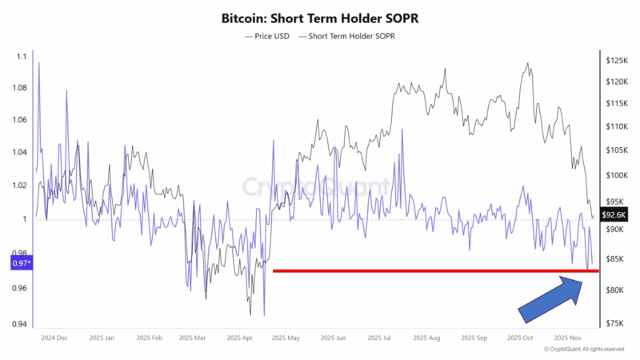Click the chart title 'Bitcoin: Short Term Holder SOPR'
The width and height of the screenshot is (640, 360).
(320, 17)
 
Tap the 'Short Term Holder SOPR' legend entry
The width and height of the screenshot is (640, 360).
(348, 36)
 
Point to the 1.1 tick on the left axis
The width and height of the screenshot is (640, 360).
(21, 56)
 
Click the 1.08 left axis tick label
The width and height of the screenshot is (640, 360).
(19, 88)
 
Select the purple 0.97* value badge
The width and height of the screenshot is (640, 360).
(21, 262)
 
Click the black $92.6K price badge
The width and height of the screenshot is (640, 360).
(614, 214)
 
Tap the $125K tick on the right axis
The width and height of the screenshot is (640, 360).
(617, 60)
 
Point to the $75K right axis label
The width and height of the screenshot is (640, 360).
(615, 323)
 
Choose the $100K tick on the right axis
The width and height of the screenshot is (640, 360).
(617, 175)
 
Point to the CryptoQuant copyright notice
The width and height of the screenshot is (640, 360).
(584, 350)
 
